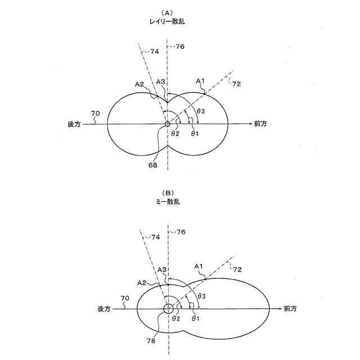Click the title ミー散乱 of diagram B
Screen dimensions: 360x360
(x=168, y=201)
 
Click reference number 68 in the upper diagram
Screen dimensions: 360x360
(x=154, y=165)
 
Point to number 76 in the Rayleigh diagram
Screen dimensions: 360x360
(x=181, y=46)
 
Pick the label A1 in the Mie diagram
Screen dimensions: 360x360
(x=198, y=265)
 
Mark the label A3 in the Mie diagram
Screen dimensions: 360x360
(x=161, y=271)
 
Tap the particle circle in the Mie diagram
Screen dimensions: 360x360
(x=168, y=308)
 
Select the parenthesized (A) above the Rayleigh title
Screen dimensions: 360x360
(x=167, y=12)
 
